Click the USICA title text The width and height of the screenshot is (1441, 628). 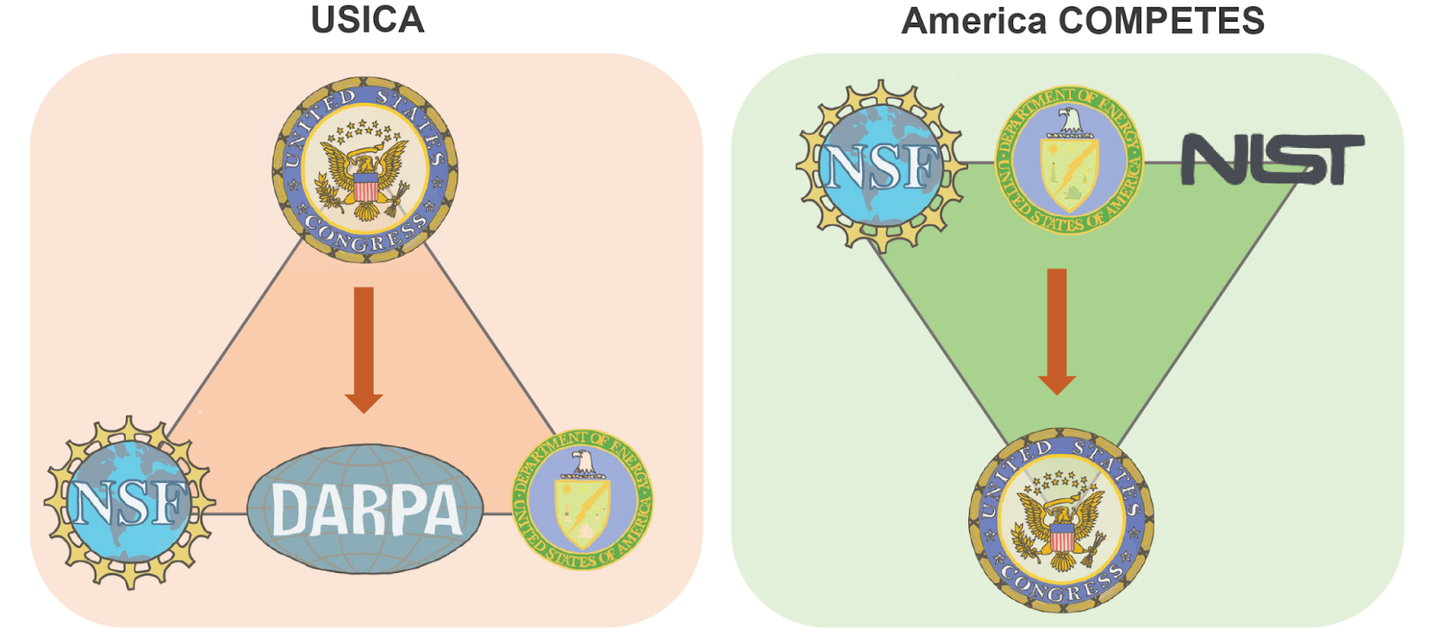pos(367,20)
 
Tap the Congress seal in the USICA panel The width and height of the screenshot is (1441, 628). pos(366,169)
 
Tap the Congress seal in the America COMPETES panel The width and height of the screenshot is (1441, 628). pos(1061,521)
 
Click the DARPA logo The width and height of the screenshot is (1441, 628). pos(366,509)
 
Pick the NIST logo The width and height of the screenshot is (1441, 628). pos(1272,160)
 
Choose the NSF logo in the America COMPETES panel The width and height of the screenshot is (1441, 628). pos(881,166)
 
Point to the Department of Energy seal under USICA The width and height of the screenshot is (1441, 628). pos(582,499)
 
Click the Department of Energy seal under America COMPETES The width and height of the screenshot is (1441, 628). pos(1068,160)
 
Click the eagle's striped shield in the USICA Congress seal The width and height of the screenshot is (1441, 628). pos(366,188)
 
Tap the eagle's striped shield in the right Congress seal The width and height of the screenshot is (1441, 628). pos(1061,540)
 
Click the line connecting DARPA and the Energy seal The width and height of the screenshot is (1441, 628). pos(497,514)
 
